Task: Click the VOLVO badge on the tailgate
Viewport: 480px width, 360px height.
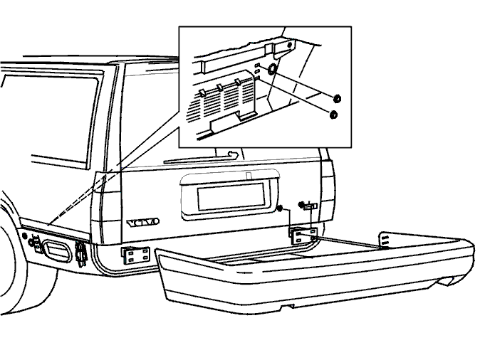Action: (x=143, y=223)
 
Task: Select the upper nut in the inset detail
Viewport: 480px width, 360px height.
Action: (x=337, y=98)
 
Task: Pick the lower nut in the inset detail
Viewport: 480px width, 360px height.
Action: (x=333, y=115)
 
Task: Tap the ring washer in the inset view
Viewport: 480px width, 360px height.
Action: (x=272, y=70)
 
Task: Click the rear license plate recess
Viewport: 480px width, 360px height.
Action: (x=231, y=196)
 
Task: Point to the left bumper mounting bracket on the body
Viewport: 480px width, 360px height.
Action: (x=136, y=255)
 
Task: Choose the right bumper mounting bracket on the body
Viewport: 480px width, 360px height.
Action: (x=303, y=235)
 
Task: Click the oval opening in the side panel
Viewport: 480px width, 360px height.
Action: (x=57, y=251)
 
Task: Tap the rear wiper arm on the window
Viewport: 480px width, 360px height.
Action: (x=201, y=158)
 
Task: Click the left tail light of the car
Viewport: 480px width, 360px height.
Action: (x=107, y=207)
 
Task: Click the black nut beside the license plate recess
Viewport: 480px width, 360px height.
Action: (x=279, y=208)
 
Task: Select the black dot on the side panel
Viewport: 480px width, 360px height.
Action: (x=25, y=235)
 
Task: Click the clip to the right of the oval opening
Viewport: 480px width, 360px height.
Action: (x=80, y=253)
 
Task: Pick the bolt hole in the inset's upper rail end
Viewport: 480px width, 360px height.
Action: (x=289, y=46)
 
